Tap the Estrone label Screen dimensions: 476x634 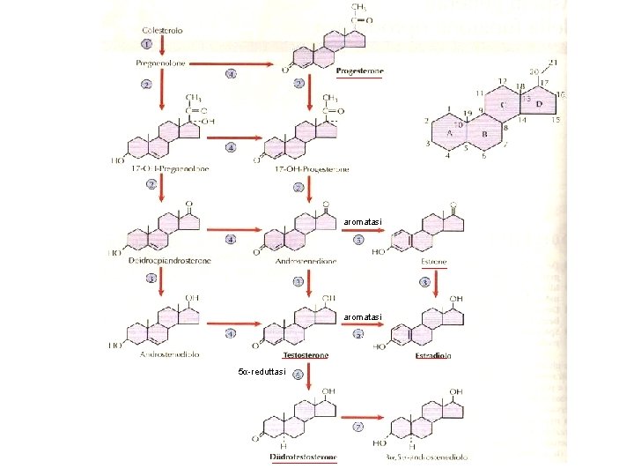(431, 262)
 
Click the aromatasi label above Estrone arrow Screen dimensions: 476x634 (363, 220)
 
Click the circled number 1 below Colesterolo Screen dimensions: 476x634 (146, 43)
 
